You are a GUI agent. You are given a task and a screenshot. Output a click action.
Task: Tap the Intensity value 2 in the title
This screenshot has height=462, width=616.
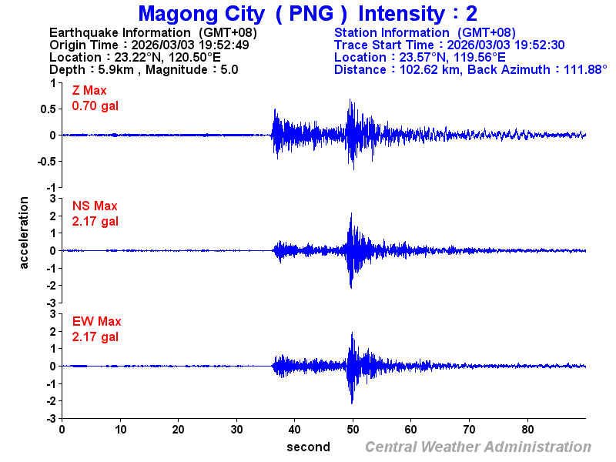pos(470,14)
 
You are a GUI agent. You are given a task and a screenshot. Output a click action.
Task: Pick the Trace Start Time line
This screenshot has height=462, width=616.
pos(449,45)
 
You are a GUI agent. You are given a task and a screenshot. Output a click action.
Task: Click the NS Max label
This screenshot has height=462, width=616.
pos(95,206)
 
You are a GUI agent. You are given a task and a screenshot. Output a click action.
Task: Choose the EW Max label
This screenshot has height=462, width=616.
pos(96,322)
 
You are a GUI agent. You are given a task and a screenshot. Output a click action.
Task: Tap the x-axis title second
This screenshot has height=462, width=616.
pos(308,447)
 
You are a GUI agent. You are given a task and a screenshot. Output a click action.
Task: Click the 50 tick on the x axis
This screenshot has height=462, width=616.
pos(353,430)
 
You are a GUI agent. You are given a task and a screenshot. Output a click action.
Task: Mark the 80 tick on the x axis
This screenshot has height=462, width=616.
pos(527,430)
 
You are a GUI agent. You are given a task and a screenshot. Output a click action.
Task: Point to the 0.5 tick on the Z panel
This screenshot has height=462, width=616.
pos(47,109)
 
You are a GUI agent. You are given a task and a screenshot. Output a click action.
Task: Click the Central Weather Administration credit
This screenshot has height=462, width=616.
pos(478,447)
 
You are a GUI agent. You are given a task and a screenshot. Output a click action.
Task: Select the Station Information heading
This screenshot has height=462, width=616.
pos(424,32)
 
